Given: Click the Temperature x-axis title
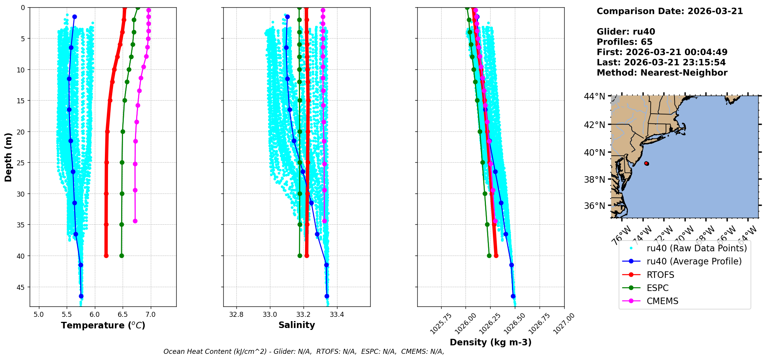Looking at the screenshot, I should (x=103, y=325).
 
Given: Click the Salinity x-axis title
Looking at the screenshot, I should (x=297, y=325).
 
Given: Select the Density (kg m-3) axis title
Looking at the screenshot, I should (x=491, y=342).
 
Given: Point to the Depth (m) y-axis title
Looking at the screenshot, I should (x=8, y=157).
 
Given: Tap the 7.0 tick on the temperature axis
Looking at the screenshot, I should (x=150, y=315).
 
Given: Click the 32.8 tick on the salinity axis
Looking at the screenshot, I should (x=236, y=315).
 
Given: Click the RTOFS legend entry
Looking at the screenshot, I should (x=660, y=275).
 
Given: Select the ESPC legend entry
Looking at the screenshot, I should (x=658, y=288).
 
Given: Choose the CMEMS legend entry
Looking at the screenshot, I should (x=662, y=301).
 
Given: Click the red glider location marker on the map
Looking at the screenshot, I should (x=646, y=163).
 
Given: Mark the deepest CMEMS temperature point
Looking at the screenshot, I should (x=135, y=221).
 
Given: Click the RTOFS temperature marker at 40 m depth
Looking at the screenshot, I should (x=106, y=256).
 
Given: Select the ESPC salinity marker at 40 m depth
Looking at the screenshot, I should (x=300, y=256).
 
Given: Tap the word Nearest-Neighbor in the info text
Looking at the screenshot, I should (x=684, y=73).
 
